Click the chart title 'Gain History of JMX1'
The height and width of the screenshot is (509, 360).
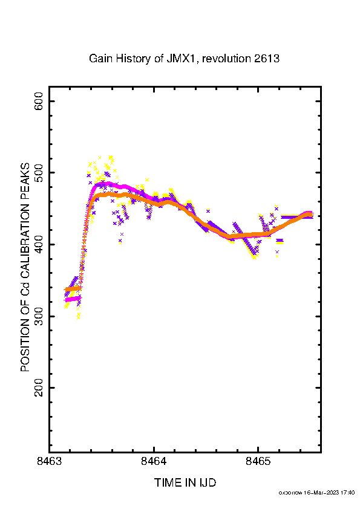point(143,59)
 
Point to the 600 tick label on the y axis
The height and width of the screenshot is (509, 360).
point(39,101)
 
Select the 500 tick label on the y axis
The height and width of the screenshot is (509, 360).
point(39,173)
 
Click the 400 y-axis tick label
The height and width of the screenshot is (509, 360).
point(39,244)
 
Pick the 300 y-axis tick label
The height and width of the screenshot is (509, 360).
point(39,316)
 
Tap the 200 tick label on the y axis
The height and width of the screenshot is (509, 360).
point(39,387)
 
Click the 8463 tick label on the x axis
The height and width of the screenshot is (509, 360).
point(50,461)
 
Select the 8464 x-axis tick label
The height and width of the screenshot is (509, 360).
point(154,461)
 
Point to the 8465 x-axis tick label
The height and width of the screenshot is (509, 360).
point(258,461)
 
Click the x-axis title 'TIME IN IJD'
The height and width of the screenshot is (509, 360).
point(185,483)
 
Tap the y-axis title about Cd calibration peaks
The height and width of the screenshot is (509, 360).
point(25,267)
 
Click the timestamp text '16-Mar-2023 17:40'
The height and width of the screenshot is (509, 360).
point(329,493)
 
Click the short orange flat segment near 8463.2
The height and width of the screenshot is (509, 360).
point(73,288)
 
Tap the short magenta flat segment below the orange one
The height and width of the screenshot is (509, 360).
point(73,299)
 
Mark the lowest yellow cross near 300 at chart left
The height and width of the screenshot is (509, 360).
point(78,317)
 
